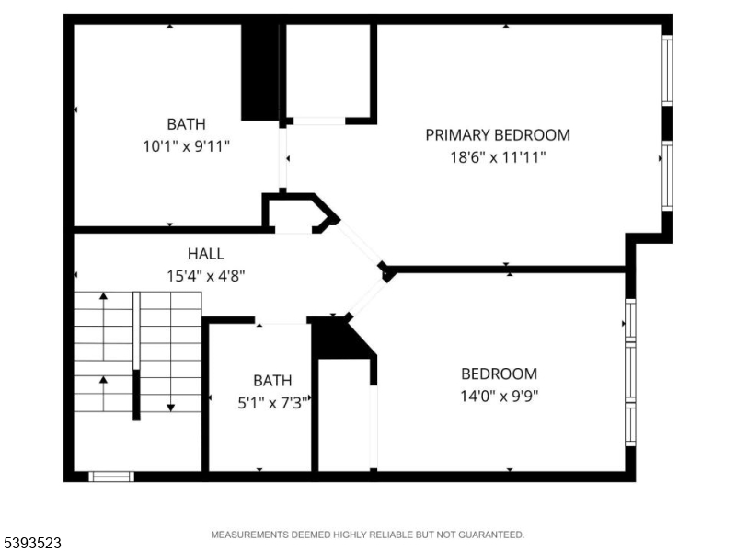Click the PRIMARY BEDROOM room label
498,135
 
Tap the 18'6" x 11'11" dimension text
498,157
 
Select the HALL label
205,254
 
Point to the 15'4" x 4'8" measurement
205,276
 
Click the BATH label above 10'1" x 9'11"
187,124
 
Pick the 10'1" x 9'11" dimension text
187,146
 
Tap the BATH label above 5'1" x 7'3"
272,381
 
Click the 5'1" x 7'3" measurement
272,403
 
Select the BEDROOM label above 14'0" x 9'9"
499,374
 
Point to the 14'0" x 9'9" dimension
499,397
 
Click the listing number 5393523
30,543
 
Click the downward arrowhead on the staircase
171,408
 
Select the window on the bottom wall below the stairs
111,477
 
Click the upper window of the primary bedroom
667,71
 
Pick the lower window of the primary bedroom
667,176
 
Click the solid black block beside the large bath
260,72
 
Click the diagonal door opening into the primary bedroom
360,243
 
